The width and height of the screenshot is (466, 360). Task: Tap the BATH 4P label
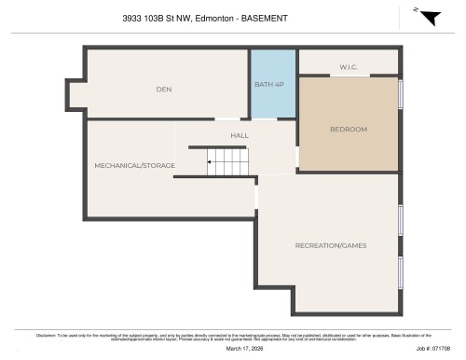[270, 85]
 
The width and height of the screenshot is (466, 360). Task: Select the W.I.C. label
[349, 66]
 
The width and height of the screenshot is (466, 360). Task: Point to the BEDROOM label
[349, 129]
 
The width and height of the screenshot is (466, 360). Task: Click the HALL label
[240, 136]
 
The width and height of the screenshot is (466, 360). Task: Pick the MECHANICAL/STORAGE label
[136, 165]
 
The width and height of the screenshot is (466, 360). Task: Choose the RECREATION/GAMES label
[330, 245]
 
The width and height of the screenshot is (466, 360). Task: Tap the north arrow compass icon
[426, 17]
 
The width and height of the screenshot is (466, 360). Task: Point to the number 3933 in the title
[134, 18]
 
